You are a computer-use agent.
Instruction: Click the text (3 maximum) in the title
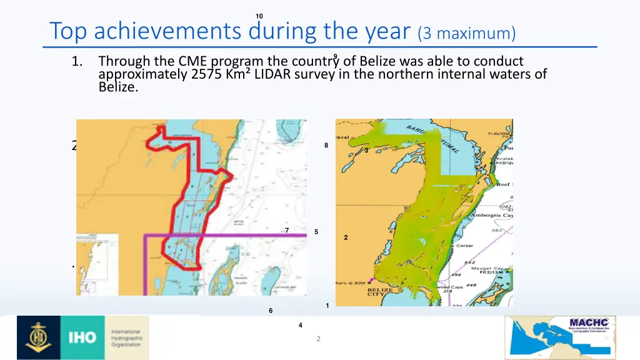(x=467, y=33)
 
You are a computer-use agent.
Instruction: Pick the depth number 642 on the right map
(x=469, y=262)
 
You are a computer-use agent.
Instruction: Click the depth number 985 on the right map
(x=497, y=231)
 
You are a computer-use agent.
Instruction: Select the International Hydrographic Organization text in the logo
(x=127, y=337)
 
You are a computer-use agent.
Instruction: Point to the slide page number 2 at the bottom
(x=319, y=339)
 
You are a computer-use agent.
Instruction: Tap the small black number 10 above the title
(x=259, y=16)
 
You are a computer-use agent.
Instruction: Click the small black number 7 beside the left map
(x=287, y=231)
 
